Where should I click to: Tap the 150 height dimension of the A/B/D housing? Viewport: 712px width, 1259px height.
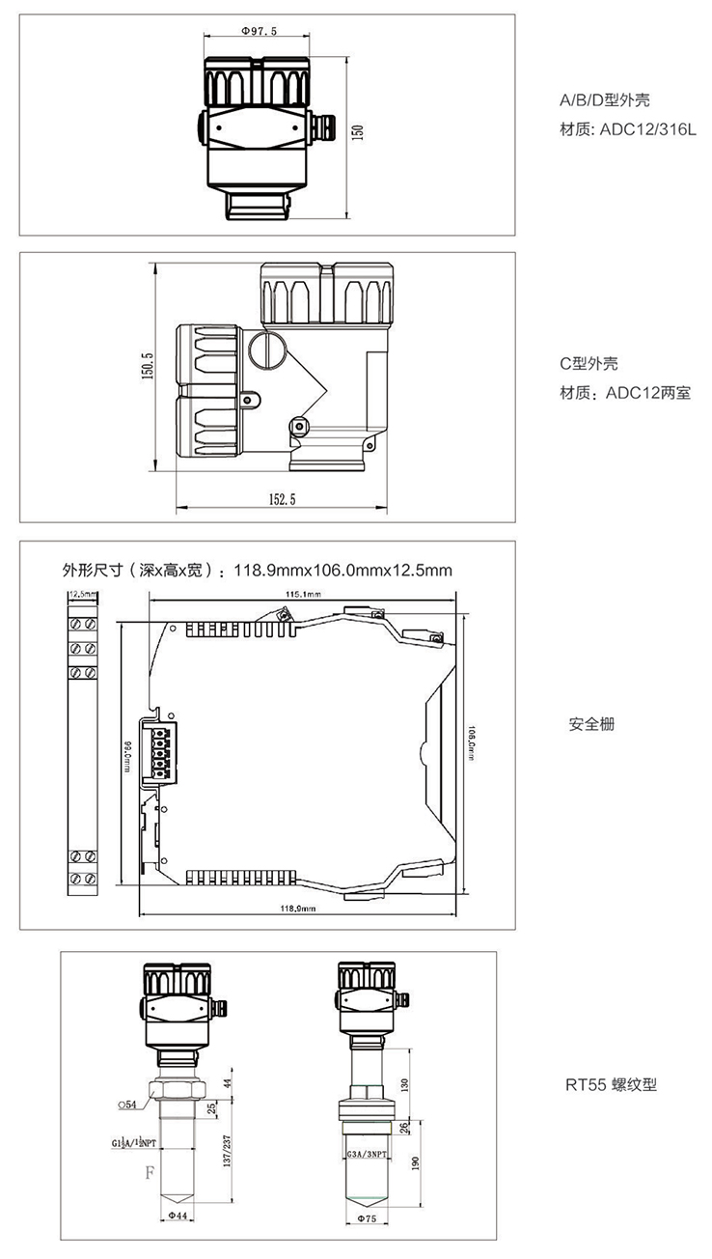tap(358, 131)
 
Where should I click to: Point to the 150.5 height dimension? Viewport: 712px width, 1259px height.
tap(148, 368)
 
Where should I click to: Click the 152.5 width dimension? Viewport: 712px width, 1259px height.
tap(280, 499)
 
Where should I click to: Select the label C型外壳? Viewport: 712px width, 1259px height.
tap(589, 364)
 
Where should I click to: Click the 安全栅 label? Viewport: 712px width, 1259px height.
tap(591, 724)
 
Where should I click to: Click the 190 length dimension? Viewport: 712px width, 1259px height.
tap(416, 1164)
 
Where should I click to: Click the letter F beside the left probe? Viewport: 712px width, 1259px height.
tap(150, 1174)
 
